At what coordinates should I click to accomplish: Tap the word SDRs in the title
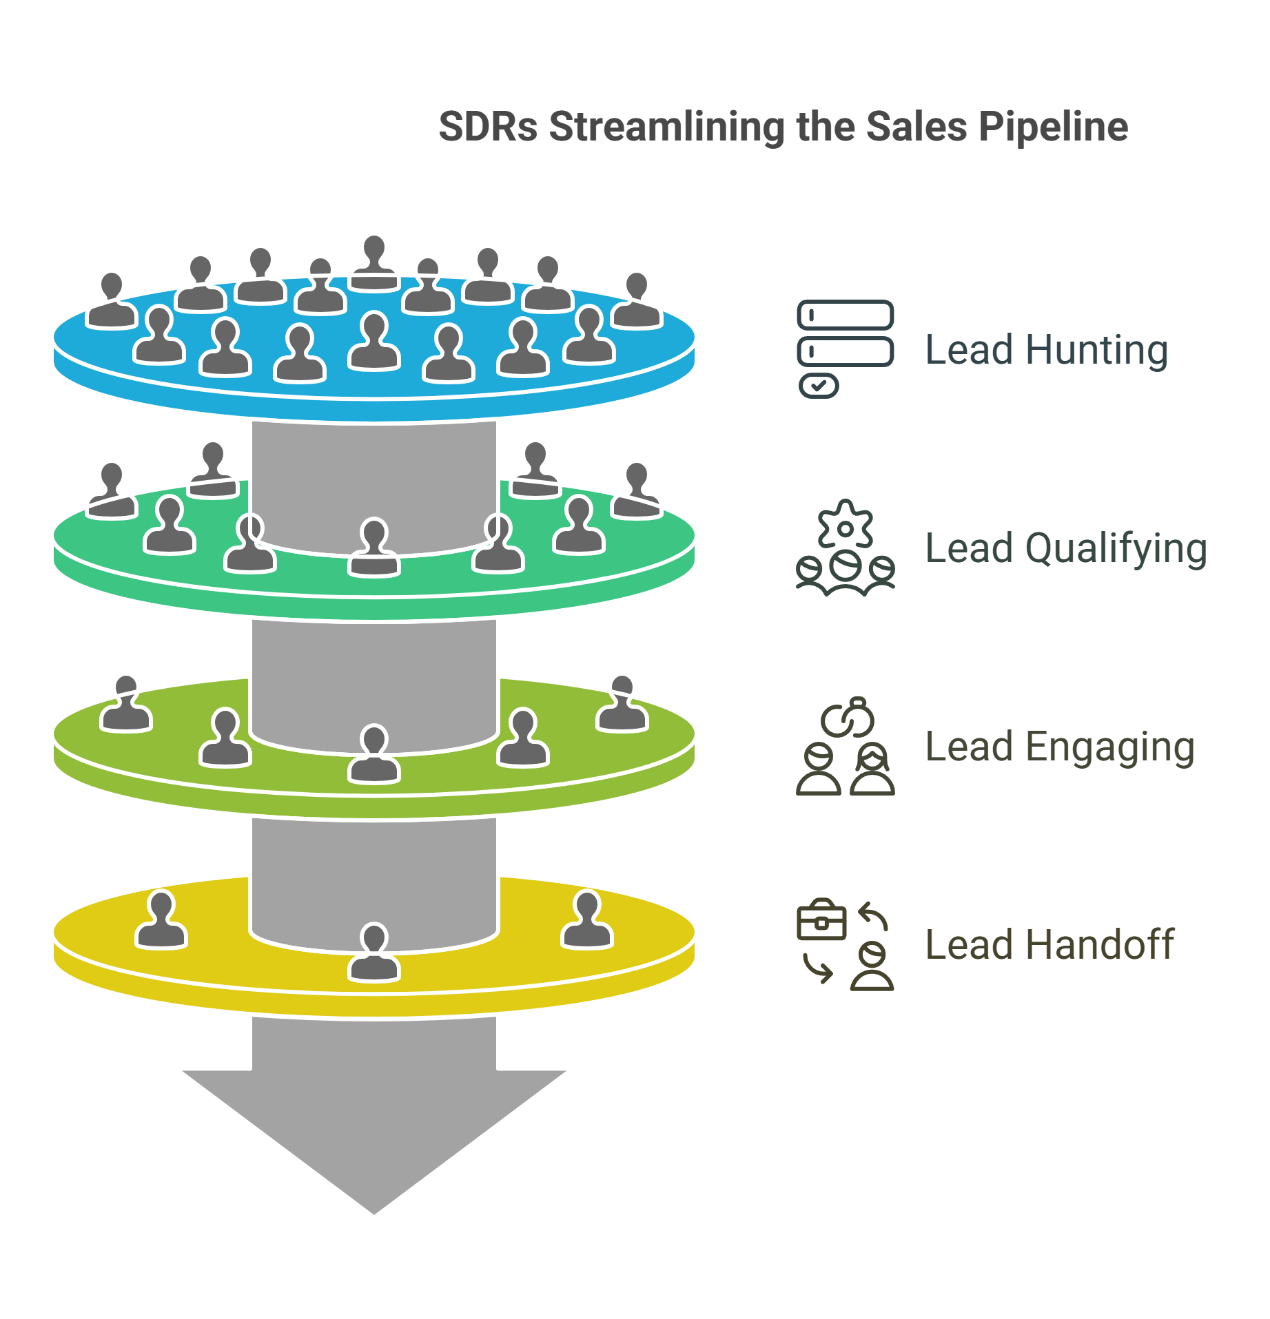[x=488, y=128]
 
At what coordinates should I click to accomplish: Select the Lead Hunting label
[x=1046, y=350]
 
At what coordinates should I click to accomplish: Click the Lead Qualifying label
[x=1065, y=549]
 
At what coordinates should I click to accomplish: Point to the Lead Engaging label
[x=1060, y=747]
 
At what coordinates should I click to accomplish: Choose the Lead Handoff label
[x=1049, y=945]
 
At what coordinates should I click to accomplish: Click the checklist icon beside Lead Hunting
[x=845, y=349]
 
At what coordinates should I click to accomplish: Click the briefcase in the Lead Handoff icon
[x=821, y=921]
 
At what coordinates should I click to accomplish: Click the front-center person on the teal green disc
[x=373, y=549]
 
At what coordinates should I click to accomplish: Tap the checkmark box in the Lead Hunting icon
[x=819, y=386]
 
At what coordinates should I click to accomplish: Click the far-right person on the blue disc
[x=635, y=301]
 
